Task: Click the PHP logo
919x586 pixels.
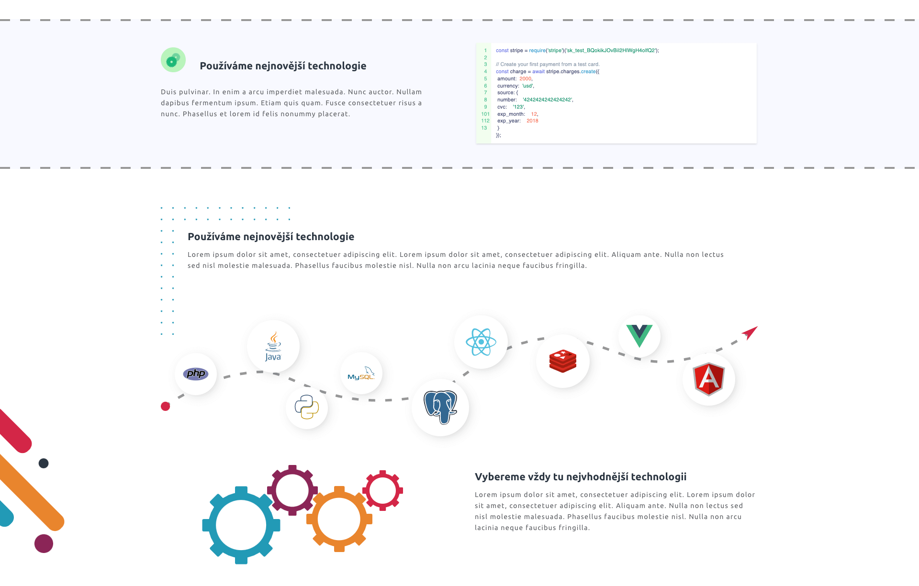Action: coord(195,374)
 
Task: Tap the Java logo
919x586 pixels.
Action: coord(273,346)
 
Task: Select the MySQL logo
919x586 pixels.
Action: coord(361,373)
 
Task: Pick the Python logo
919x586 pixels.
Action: coord(307,407)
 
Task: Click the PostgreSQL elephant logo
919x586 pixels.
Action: coord(440,407)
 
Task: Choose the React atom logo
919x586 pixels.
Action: coord(481,342)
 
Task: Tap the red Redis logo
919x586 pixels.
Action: coord(563,361)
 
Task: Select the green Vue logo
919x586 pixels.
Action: coord(639,336)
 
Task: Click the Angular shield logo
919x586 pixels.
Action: coord(709,379)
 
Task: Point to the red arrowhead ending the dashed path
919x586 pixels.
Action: coord(751,332)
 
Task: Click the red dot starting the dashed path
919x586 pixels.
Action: coord(166,406)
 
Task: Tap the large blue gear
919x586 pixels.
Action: coord(241,525)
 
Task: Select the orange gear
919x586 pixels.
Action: coord(339,519)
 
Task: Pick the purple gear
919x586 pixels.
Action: coord(292,490)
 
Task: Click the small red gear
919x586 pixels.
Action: coord(382,490)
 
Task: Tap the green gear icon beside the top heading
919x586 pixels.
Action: coord(173,60)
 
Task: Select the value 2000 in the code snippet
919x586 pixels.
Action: coord(526,78)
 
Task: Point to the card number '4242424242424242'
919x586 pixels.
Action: coord(548,100)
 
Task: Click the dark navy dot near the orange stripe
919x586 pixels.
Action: coord(44,463)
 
